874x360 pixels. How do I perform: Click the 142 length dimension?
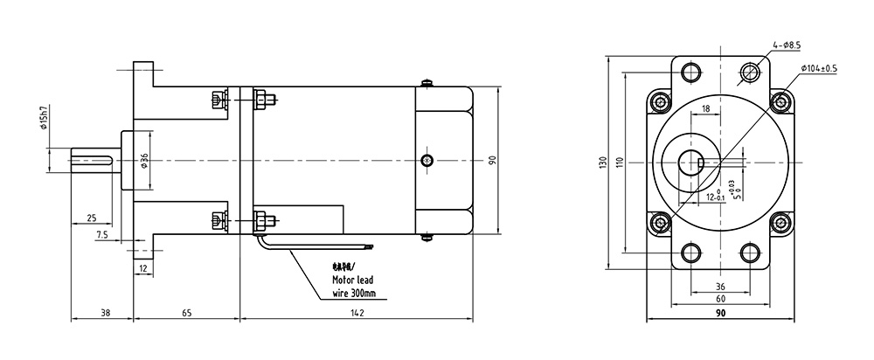pyautogui.click(x=356, y=312)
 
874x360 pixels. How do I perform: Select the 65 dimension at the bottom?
pyautogui.click(x=188, y=312)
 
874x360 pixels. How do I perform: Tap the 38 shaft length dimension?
pyautogui.click(x=104, y=312)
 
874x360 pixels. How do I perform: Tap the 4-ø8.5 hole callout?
pyautogui.click(x=785, y=43)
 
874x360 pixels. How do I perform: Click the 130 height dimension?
pyautogui.click(x=604, y=164)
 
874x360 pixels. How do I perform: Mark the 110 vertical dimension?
pyautogui.click(x=620, y=163)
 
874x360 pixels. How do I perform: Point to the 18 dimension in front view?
pyautogui.click(x=705, y=109)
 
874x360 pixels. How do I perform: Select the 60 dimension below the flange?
pyautogui.click(x=720, y=299)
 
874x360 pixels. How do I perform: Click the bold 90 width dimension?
pyautogui.click(x=721, y=313)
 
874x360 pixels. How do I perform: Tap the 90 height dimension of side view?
pyautogui.click(x=492, y=161)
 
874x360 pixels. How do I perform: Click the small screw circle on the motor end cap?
pyautogui.click(x=426, y=160)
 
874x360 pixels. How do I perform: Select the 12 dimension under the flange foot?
pyautogui.click(x=143, y=269)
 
